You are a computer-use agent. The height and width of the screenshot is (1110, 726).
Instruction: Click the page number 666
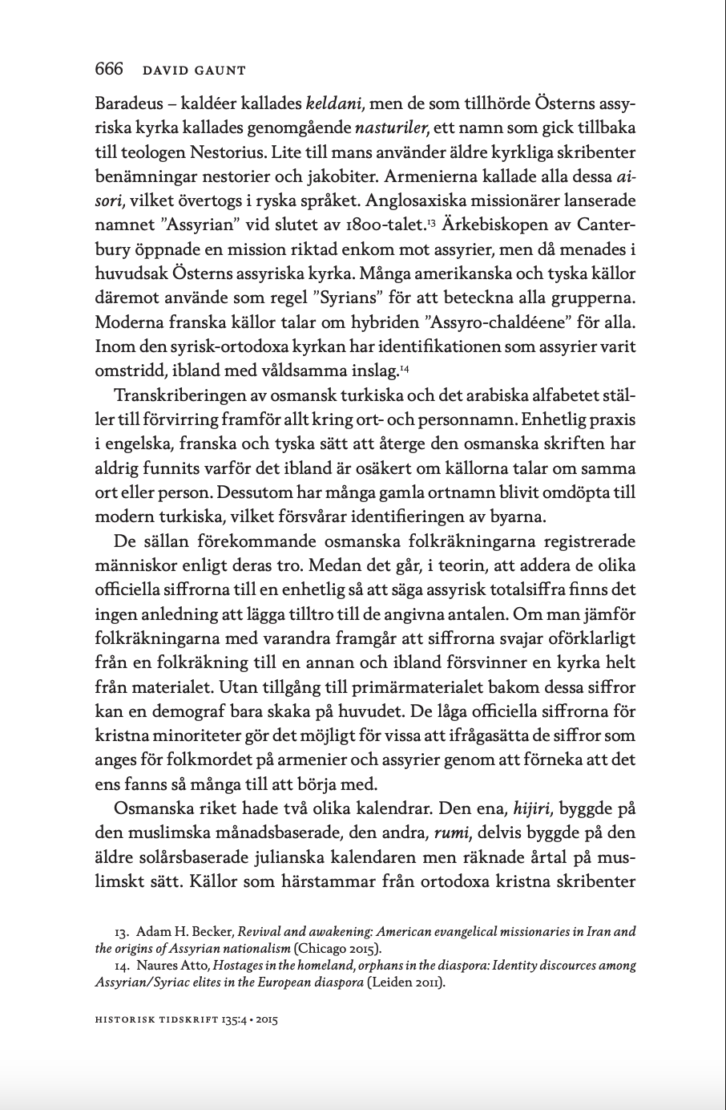click(109, 70)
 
